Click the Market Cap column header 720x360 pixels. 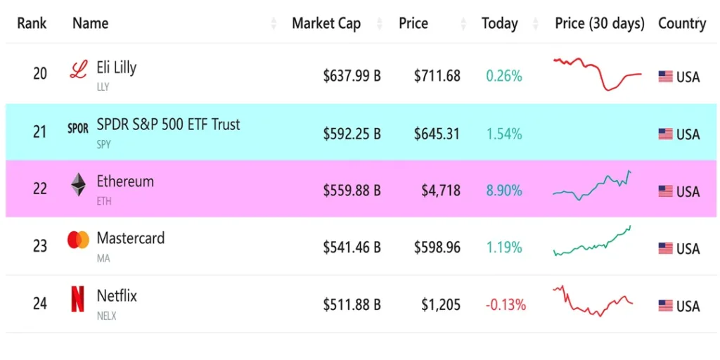[326, 23]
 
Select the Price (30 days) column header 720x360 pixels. [599, 23]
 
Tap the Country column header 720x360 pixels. [681, 23]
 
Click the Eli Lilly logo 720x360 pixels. [78, 70]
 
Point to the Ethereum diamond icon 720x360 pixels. [78, 185]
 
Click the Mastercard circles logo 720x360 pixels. [78, 240]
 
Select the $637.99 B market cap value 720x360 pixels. [352, 76]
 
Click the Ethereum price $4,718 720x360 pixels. [441, 191]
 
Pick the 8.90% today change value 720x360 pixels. [503, 191]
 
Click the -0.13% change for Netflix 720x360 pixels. [505, 305]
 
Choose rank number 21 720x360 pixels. [40, 132]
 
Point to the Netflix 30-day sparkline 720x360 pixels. [593, 301]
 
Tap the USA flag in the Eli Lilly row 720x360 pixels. [665, 77]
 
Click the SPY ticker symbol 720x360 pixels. [103, 145]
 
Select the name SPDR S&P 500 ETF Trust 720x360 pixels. [168, 124]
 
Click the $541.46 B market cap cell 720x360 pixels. [352, 247]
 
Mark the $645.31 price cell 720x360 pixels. [437, 133]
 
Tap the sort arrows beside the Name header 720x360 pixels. [274, 24]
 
